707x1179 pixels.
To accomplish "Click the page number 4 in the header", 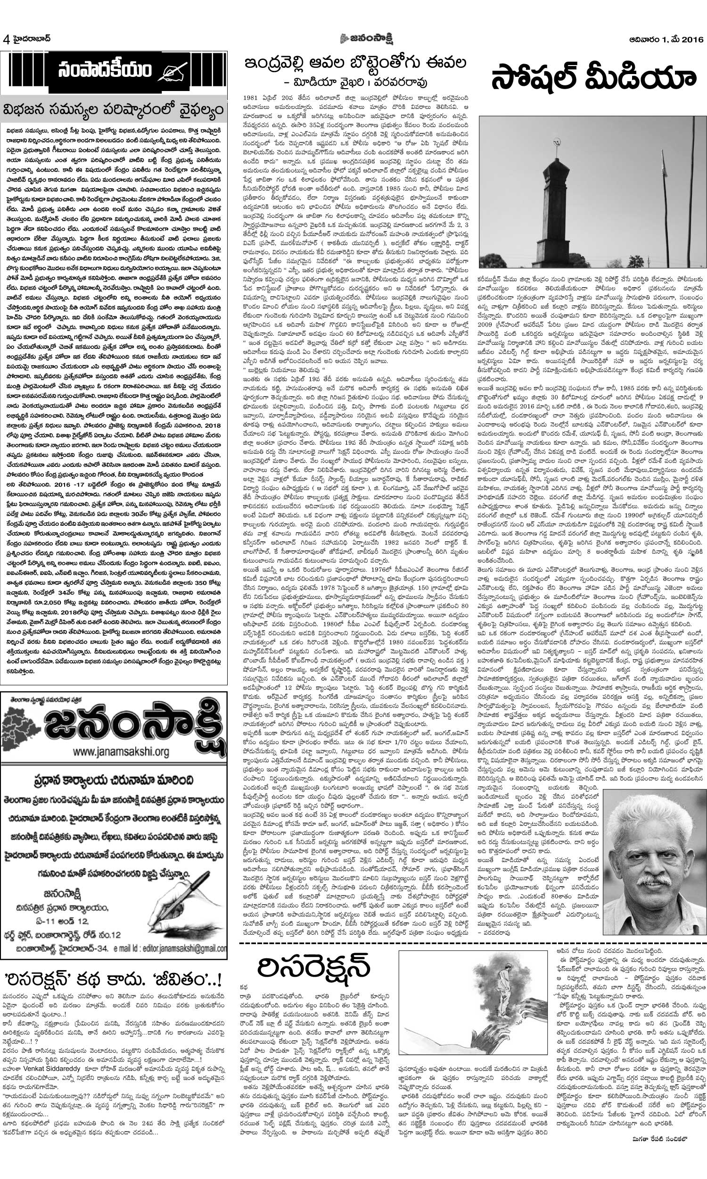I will [x=6, y=40].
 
